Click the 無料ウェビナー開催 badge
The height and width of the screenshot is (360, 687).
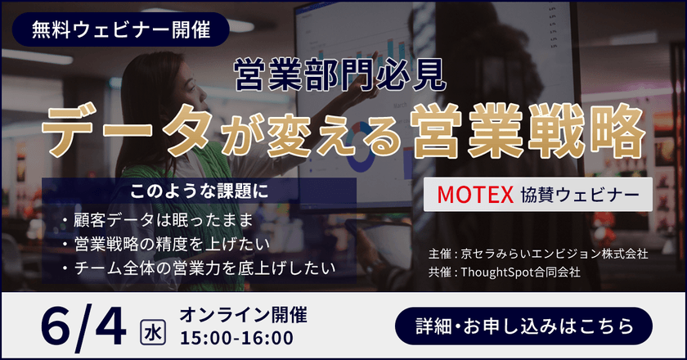coord(120,30)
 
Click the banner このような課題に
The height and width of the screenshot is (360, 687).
coord(200,193)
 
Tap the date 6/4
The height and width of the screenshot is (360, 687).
coord(83,325)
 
